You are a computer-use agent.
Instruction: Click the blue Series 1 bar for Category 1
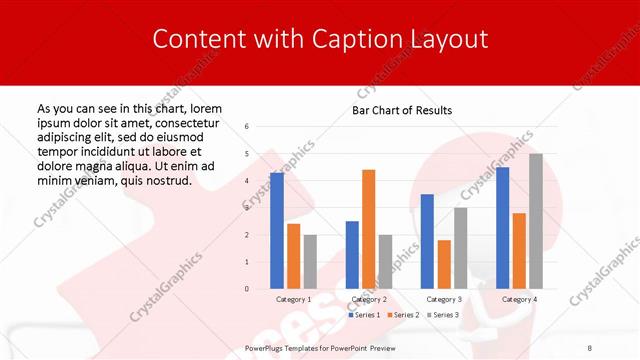coord(277,231)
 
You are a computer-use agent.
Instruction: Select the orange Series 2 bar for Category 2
coord(368,229)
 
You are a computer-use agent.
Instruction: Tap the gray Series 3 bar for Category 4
coord(536,221)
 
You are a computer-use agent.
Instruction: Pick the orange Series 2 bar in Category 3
coord(444,264)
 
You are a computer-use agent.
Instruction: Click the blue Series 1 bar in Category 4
coord(502,228)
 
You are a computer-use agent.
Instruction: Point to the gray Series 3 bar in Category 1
coord(310,262)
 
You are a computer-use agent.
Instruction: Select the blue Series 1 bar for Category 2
coord(352,255)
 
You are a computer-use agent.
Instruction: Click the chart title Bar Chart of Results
coord(402,110)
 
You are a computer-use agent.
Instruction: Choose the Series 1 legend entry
coord(364,315)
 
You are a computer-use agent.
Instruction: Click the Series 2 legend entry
coord(403,315)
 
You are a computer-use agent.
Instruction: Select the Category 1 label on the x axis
coord(293,299)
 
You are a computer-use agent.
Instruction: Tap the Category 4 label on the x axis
coord(519,299)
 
